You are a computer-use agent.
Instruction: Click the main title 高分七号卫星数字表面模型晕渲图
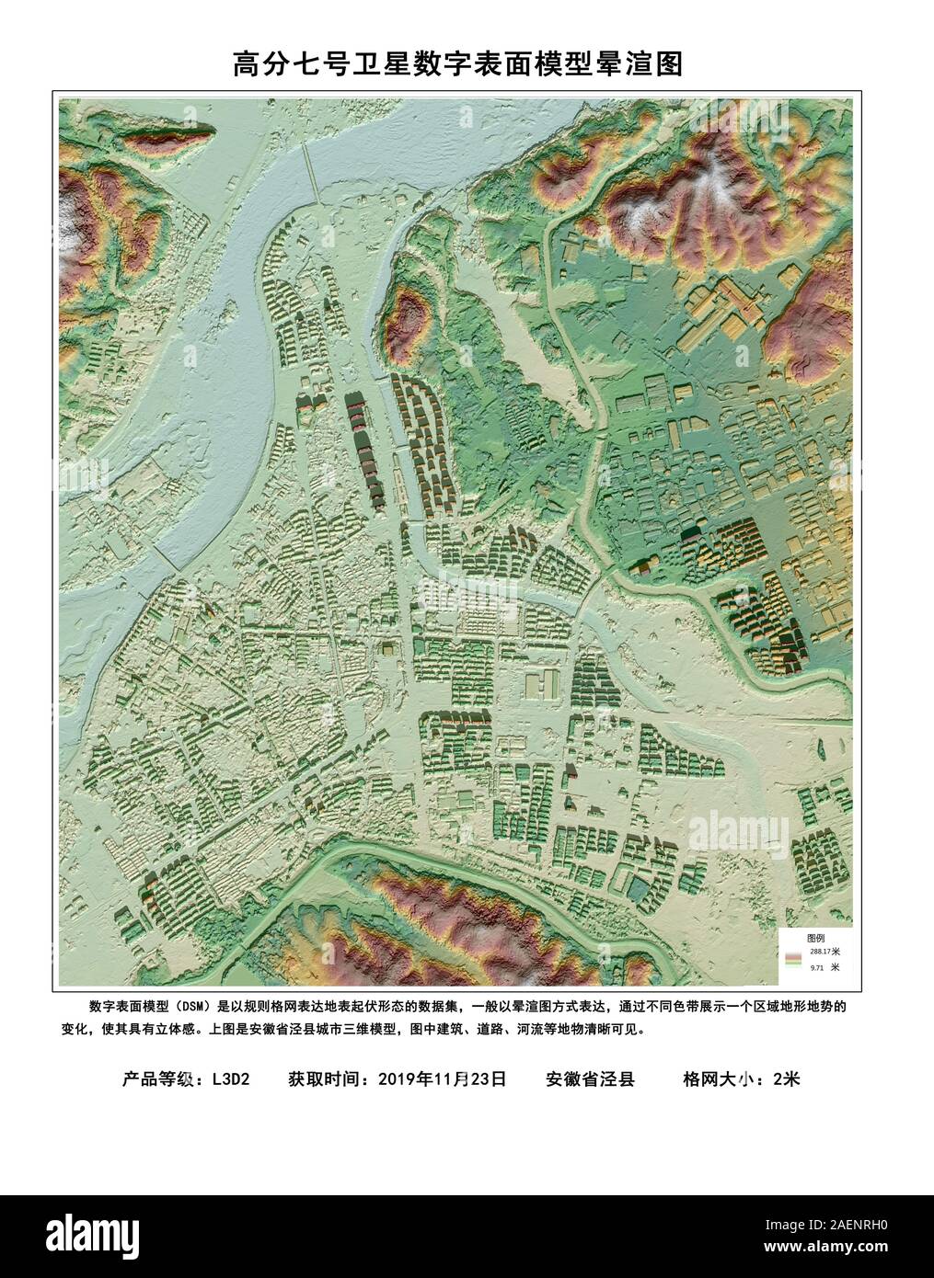[457, 65]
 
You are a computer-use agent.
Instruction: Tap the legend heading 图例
[815, 937]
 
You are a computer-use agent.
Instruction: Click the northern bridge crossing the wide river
[312, 175]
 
